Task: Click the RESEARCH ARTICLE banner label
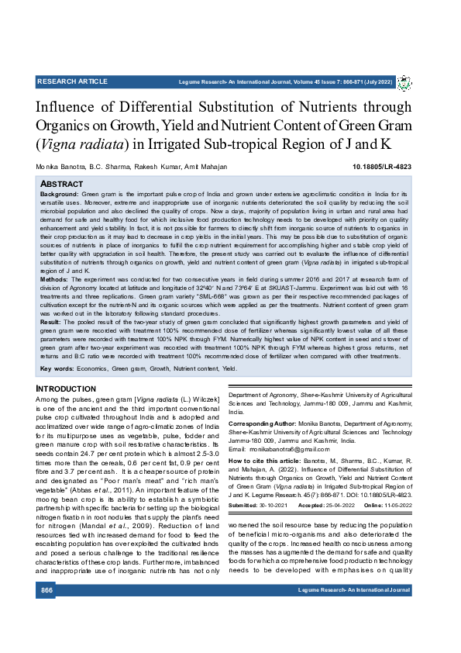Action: (72, 81)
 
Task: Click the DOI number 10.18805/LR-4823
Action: (382, 167)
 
